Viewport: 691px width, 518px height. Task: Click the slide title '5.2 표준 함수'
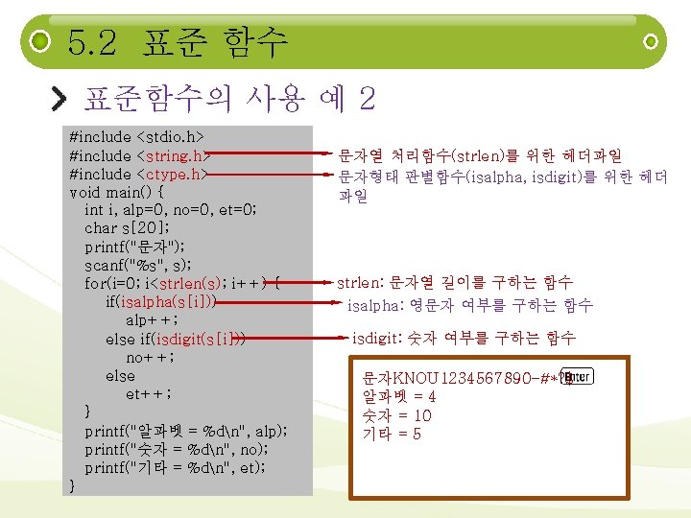[178, 42]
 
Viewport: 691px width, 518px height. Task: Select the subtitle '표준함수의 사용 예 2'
[229, 97]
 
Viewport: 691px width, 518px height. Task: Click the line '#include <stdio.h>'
[136, 137]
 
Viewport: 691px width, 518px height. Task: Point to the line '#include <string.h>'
[139, 155]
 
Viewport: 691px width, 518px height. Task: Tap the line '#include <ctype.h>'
[138, 174]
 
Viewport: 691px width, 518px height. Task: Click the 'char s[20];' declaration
[128, 228]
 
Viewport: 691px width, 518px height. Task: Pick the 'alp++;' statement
[150, 319]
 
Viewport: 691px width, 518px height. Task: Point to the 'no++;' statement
[149, 357]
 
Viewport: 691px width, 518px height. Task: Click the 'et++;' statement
[149, 393]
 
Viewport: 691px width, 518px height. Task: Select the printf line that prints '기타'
[175, 467]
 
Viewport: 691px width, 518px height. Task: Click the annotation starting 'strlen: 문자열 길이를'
[454, 283]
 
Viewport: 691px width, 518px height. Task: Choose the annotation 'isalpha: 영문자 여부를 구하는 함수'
[469, 306]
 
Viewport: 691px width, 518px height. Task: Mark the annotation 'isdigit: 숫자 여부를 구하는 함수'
[464, 338]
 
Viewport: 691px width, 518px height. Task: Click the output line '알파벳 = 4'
[399, 396]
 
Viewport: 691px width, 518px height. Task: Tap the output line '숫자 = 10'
[396, 415]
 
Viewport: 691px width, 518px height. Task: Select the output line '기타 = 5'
[392, 435]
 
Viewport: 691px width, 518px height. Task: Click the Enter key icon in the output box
[576, 377]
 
